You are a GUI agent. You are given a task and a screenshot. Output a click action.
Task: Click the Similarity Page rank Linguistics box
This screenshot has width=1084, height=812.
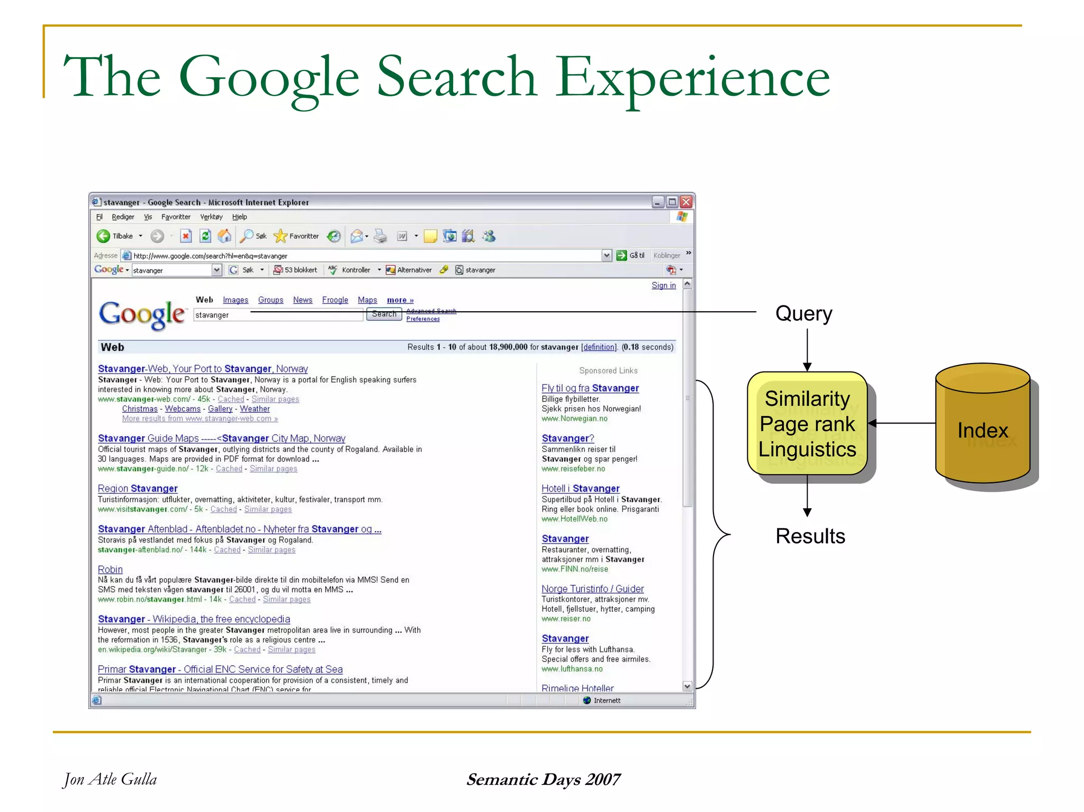807,423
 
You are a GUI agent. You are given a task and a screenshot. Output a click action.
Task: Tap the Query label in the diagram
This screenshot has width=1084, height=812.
803,313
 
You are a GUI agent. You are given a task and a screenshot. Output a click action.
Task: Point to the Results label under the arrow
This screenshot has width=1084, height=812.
810,536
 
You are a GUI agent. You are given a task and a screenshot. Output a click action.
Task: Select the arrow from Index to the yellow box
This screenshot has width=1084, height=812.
902,423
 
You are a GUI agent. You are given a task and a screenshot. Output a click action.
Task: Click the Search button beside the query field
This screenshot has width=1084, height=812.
384,314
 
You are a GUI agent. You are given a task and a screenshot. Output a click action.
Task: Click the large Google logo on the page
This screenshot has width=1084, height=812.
142,314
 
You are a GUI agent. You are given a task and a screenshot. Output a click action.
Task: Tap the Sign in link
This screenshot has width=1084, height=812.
663,285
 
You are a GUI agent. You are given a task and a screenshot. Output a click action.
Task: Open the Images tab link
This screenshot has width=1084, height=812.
236,300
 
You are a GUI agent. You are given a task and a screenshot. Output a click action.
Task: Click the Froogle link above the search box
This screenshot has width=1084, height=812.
335,300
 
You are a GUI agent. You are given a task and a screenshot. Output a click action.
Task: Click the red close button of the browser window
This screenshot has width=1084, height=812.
686,202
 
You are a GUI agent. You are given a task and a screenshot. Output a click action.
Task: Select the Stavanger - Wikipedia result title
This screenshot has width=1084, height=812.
194,619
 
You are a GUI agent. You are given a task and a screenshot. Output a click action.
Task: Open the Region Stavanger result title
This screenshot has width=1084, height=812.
138,488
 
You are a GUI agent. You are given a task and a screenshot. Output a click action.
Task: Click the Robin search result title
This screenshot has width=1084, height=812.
110,569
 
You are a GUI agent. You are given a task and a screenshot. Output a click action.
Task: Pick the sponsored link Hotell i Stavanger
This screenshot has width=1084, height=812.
580,488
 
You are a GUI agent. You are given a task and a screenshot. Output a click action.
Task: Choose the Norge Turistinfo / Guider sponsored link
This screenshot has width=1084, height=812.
592,589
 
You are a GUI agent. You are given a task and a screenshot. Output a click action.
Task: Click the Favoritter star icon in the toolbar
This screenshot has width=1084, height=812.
281,236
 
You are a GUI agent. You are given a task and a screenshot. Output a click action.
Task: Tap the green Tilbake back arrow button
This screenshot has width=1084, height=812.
103,236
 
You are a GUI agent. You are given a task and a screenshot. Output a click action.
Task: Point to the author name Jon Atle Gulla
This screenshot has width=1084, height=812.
110,779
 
